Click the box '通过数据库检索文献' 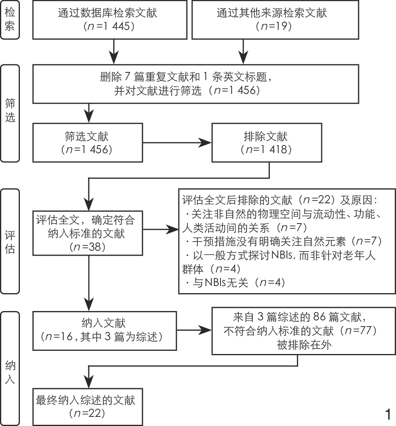tap(107, 20)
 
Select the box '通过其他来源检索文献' tap(271, 20)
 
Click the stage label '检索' tap(10, 19)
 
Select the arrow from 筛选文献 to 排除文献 tap(177, 142)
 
